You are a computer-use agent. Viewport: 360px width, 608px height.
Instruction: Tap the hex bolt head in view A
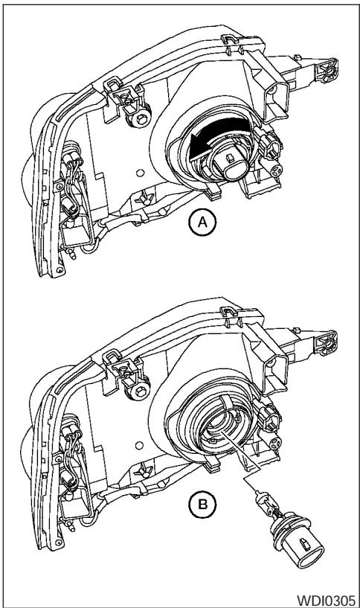pyautogui.click(x=141, y=120)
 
